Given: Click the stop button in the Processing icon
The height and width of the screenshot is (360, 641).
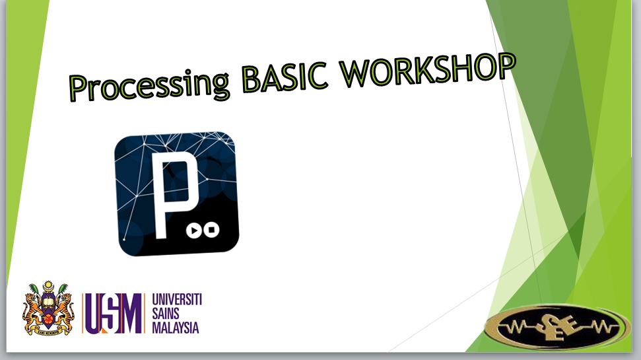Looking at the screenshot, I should pyautogui.click(x=211, y=231).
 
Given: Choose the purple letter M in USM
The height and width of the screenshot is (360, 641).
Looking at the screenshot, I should pyautogui.click(x=131, y=314).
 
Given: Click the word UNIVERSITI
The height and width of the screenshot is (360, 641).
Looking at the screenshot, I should pyautogui.click(x=176, y=301).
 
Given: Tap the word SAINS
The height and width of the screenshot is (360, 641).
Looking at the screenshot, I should pyautogui.click(x=167, y=314).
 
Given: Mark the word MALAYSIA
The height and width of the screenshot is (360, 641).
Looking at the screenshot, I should pyautogui.click(x=175, y=328).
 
